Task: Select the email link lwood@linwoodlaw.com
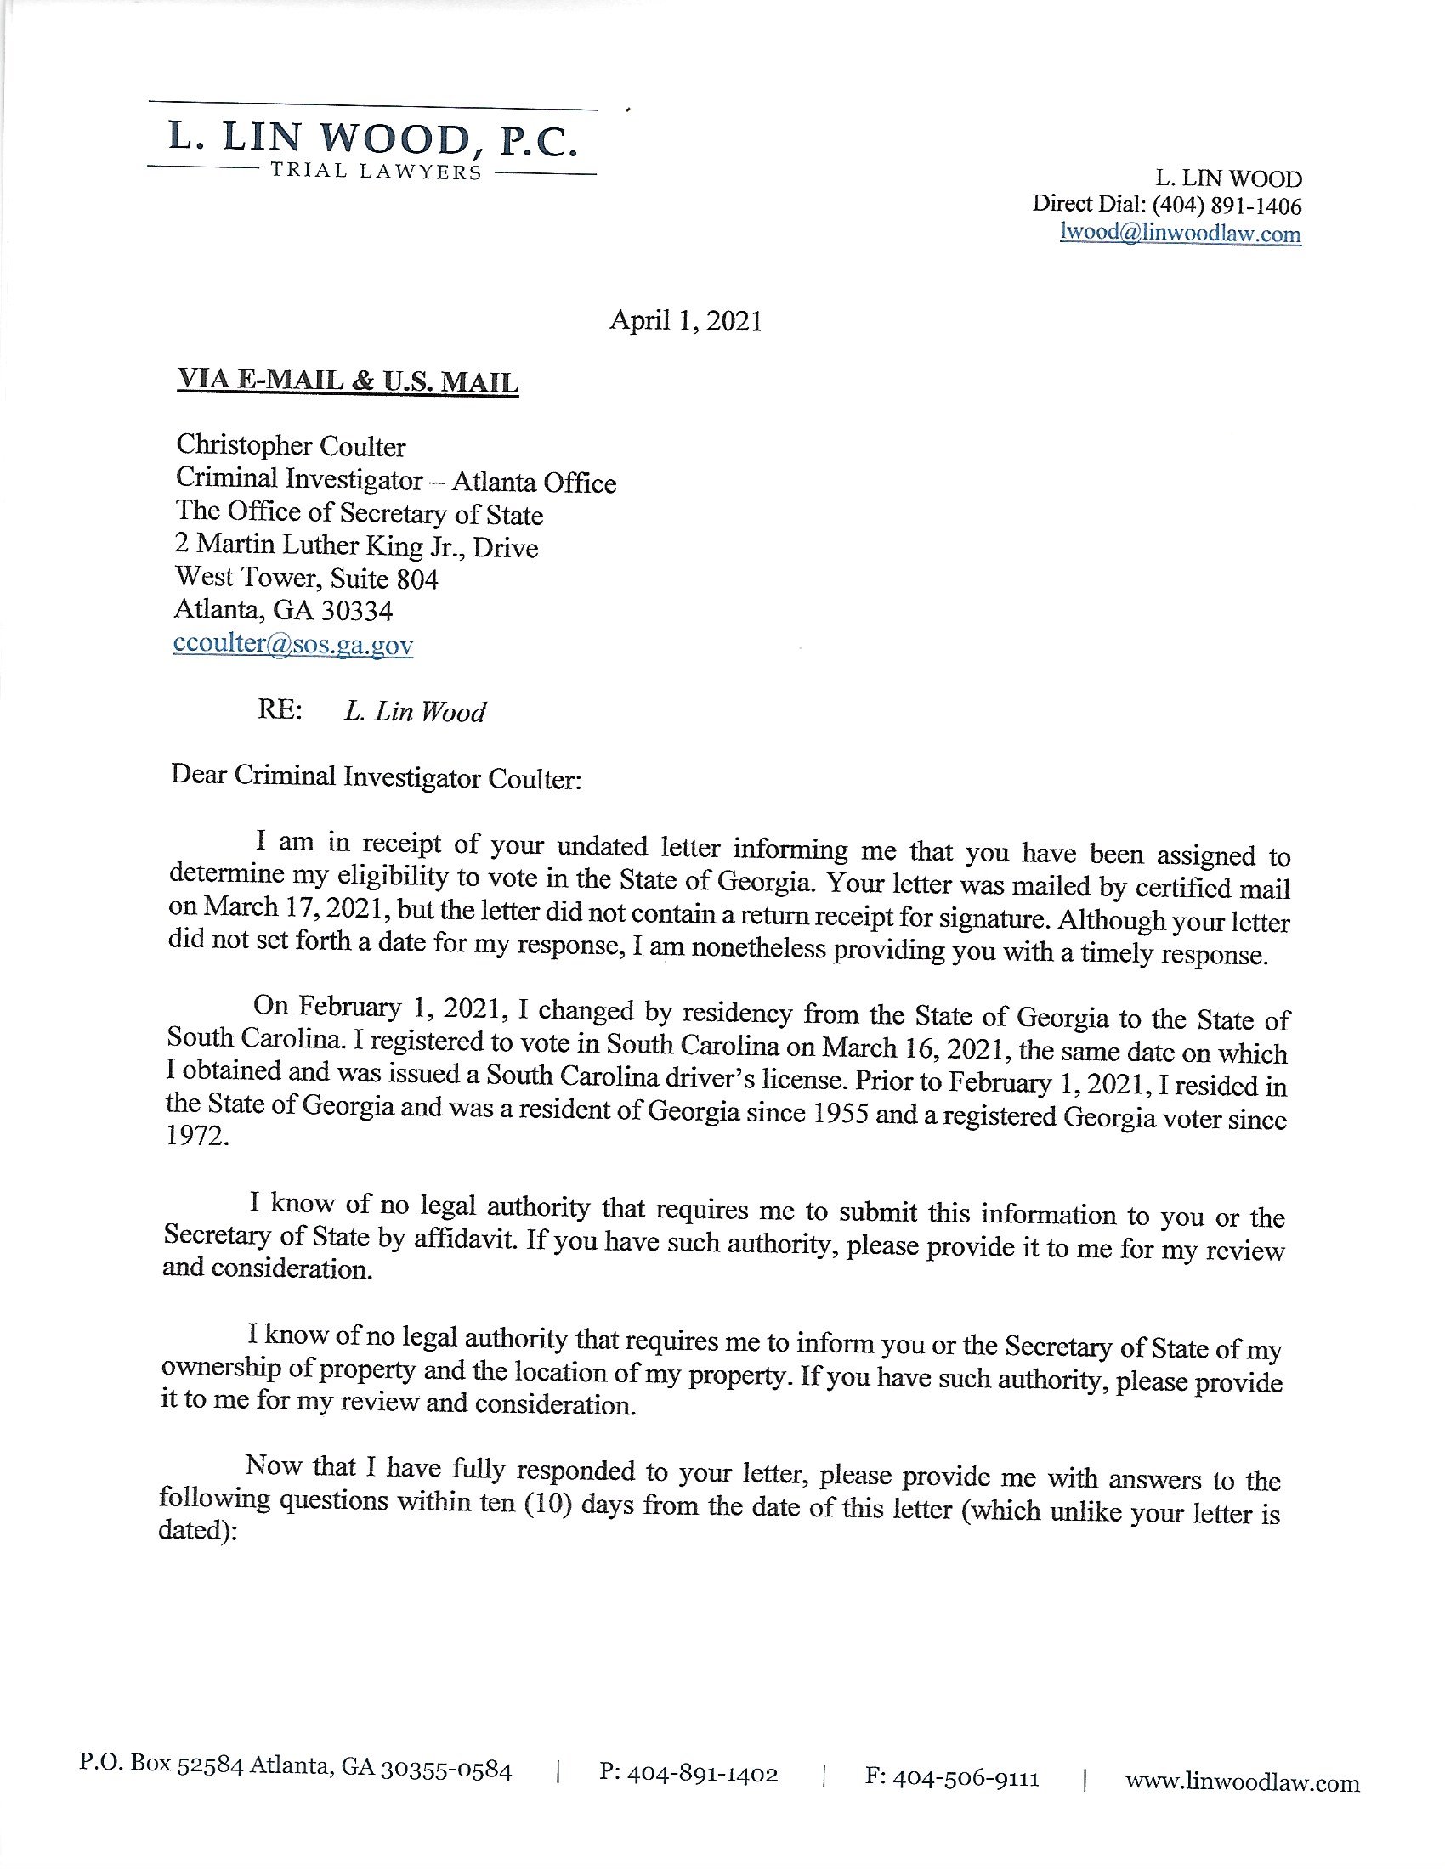click(x=1180, y=233)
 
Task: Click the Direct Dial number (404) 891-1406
click(x=1227, y=206)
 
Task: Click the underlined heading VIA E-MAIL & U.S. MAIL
click(x=347, y=381)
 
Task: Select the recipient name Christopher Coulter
click(x=290, y=445)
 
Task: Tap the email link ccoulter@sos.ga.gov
click(x=292, y=644)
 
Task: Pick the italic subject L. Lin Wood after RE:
click(x=414, y=711)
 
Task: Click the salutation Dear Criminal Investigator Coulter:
click(x=376, y=777)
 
